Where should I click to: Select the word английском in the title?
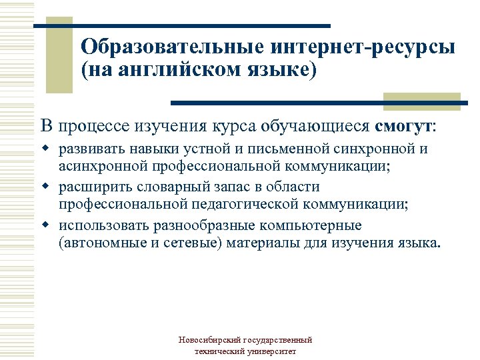click(175, 70)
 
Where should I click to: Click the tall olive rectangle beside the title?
click(58, 57)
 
